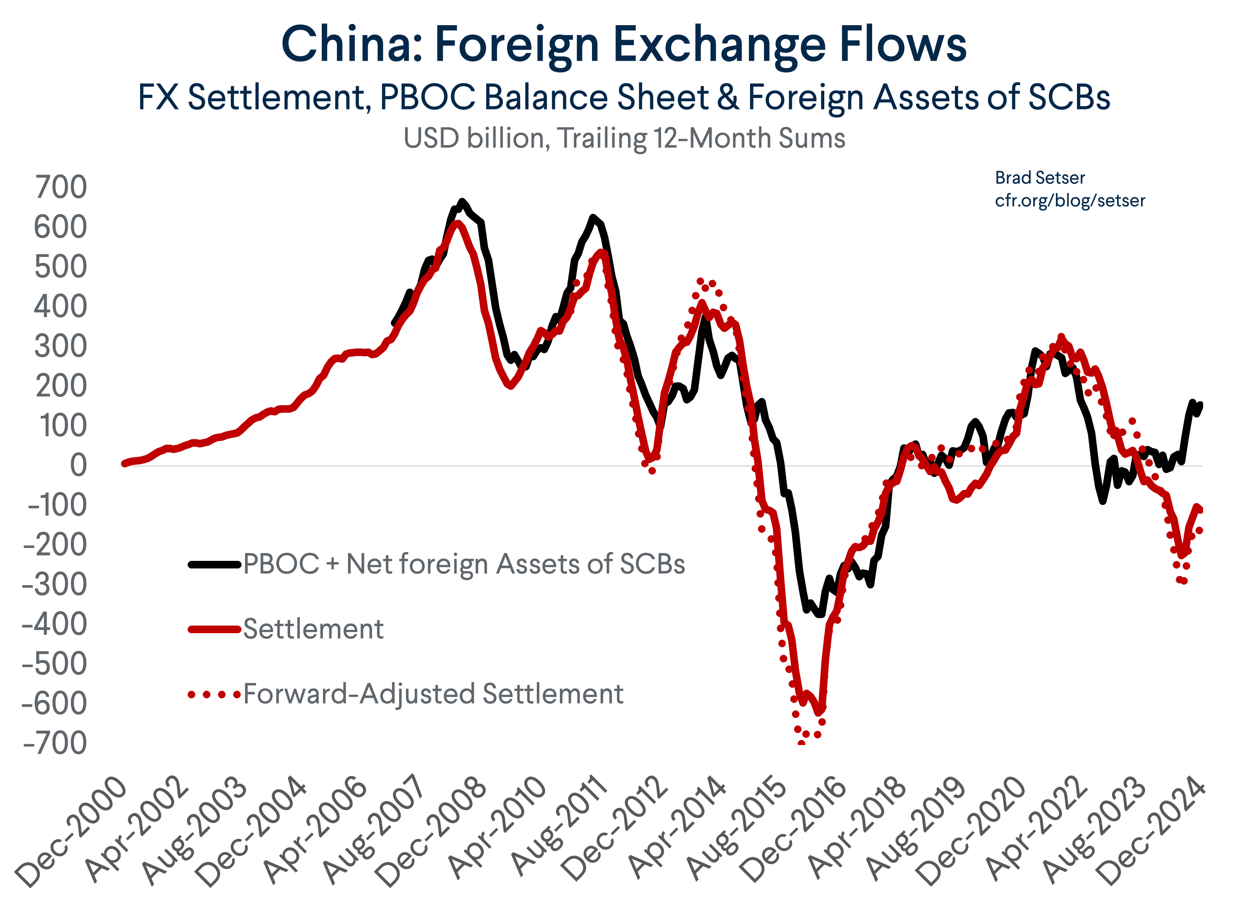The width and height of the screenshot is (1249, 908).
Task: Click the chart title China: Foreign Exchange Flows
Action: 624,44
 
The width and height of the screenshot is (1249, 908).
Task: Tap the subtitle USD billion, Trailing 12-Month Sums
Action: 624,138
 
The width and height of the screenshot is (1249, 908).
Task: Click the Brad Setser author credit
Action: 1040,178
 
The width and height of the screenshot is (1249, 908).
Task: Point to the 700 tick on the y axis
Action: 61,187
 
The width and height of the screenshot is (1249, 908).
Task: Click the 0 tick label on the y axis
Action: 78,465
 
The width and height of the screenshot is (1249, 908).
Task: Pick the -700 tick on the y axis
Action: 55,744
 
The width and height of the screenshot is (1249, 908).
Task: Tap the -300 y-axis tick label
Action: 55,584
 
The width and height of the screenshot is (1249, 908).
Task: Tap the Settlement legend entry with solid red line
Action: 313,629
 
